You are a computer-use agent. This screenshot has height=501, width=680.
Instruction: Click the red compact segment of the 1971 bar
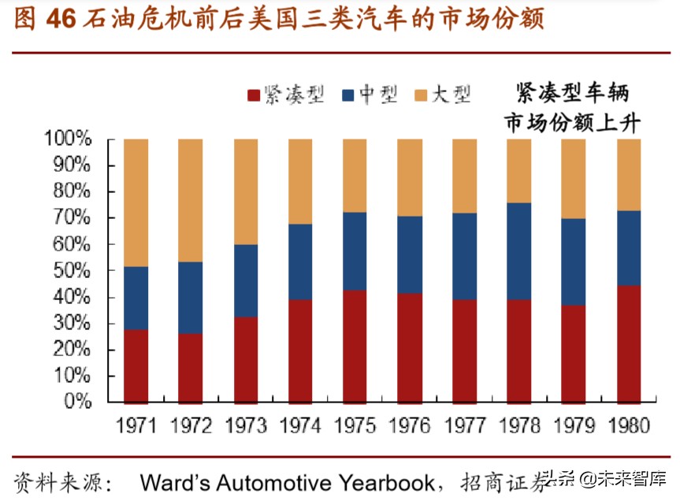click(136, 366)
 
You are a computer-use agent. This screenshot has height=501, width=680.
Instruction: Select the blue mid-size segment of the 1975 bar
click(355, 251)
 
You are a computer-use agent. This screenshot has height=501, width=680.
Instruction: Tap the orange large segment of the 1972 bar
click(191, 200)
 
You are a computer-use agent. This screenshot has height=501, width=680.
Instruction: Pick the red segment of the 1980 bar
click(628, 344)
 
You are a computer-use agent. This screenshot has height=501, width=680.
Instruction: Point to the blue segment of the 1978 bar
click(518, 251)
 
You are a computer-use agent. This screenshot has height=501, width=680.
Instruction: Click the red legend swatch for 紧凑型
click(254, 95)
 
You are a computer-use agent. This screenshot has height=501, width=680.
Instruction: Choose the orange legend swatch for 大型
click(421, 95)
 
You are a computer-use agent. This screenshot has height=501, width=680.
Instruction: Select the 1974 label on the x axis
click(300, 426)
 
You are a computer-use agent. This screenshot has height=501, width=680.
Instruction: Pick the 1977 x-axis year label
click(464, 426)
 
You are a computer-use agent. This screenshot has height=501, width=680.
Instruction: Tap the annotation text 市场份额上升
click(573, 123)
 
